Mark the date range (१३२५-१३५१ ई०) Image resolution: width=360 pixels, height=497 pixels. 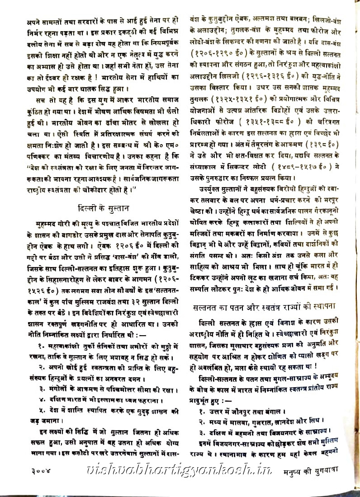coord(243,111)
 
